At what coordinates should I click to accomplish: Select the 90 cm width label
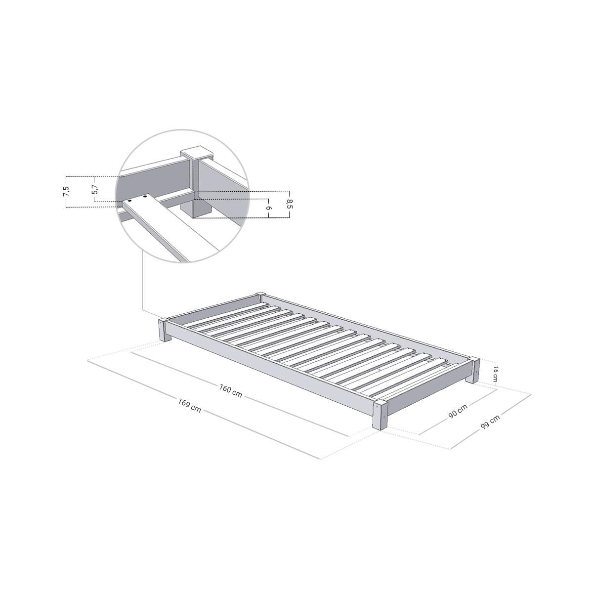click(x=458, y=412)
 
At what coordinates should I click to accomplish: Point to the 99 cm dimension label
click(x=490, y=422)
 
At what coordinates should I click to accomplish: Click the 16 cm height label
click(x=495, y=374)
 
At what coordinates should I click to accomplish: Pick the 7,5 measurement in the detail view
click(x=65, y=191)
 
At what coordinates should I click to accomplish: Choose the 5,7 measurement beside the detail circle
click(x=95, y=189)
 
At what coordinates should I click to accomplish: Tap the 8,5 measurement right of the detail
click(x=290, y=204)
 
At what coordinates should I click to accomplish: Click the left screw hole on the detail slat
click(x=129, y=201)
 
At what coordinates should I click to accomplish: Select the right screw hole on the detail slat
click(x=146, y=198)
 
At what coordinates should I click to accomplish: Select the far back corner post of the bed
click(x=260, y=296)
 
